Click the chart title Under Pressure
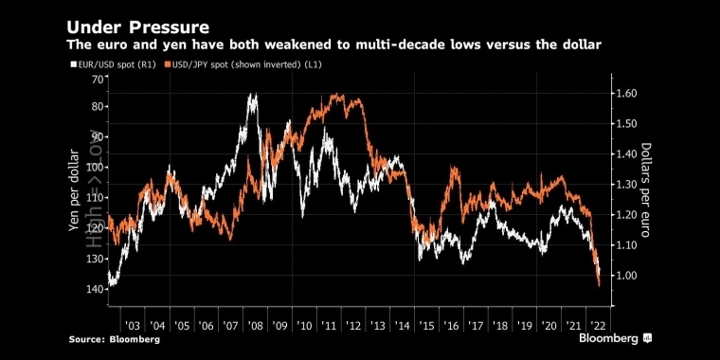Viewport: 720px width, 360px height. [138, 27]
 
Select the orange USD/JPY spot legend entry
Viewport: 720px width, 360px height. [243, 65]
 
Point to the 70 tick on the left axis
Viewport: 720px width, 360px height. [98, 79]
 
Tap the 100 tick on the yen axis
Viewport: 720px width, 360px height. [96, 168]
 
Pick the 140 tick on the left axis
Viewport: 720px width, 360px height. [96, 288]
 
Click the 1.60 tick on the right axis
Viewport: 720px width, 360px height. [627, 93]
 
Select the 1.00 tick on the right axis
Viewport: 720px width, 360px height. [627, 276]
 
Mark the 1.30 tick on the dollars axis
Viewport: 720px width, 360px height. [627, 185]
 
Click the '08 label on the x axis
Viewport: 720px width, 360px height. [255, 326]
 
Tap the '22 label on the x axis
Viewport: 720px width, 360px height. [599, 326]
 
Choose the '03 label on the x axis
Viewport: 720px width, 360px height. [133, 326]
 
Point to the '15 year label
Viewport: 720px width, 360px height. [426, 326]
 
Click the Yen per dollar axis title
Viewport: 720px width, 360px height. [74, 191]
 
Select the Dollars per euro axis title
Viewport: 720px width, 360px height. [646, 190]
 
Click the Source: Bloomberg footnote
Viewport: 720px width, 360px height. [115, 340]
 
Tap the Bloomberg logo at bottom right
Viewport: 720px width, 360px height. [615, 339]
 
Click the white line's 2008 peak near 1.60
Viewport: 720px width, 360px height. [251, 94]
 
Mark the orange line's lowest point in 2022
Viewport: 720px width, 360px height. [600, 286]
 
